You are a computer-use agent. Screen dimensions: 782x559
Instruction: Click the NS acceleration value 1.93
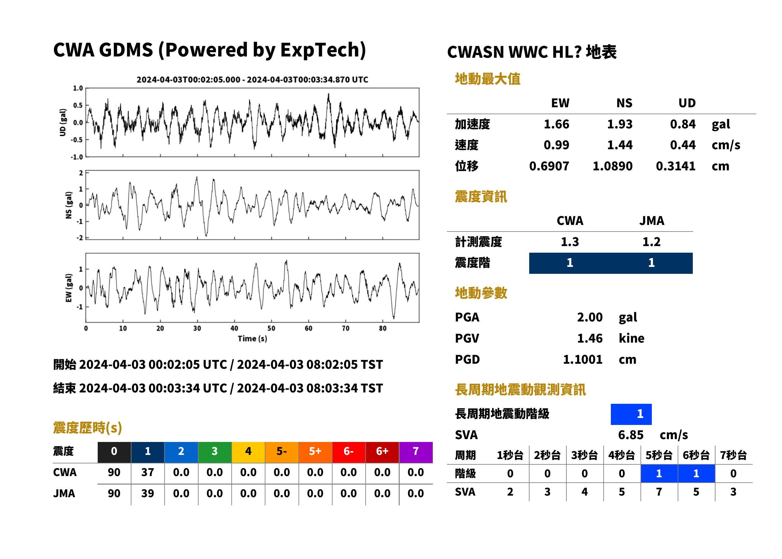point(619,124)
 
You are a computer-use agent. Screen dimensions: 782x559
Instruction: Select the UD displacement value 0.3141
point(675,166)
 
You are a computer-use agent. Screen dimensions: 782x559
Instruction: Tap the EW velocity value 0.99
point(556,145)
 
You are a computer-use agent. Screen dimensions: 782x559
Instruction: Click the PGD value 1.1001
point(582,359)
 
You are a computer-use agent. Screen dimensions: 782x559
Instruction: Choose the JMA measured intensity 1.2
point(651,242)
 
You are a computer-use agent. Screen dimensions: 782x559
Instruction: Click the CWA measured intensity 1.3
point(570,242)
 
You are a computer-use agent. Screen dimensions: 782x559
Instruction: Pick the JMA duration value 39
point(148,493)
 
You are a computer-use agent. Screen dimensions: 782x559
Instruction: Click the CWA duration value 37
point(148,472)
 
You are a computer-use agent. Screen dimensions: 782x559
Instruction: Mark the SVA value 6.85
point(631,435)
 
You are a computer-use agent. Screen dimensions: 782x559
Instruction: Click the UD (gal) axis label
point(63,122)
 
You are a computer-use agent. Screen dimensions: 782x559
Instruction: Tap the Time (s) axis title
point(252,339)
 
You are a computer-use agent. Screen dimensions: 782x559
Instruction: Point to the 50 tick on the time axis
point(271,328)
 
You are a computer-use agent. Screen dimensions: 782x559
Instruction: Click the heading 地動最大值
point(488,79)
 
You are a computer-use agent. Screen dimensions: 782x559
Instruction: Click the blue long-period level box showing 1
point(631,414)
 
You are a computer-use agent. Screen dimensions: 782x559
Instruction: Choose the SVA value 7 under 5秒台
point(659,492)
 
